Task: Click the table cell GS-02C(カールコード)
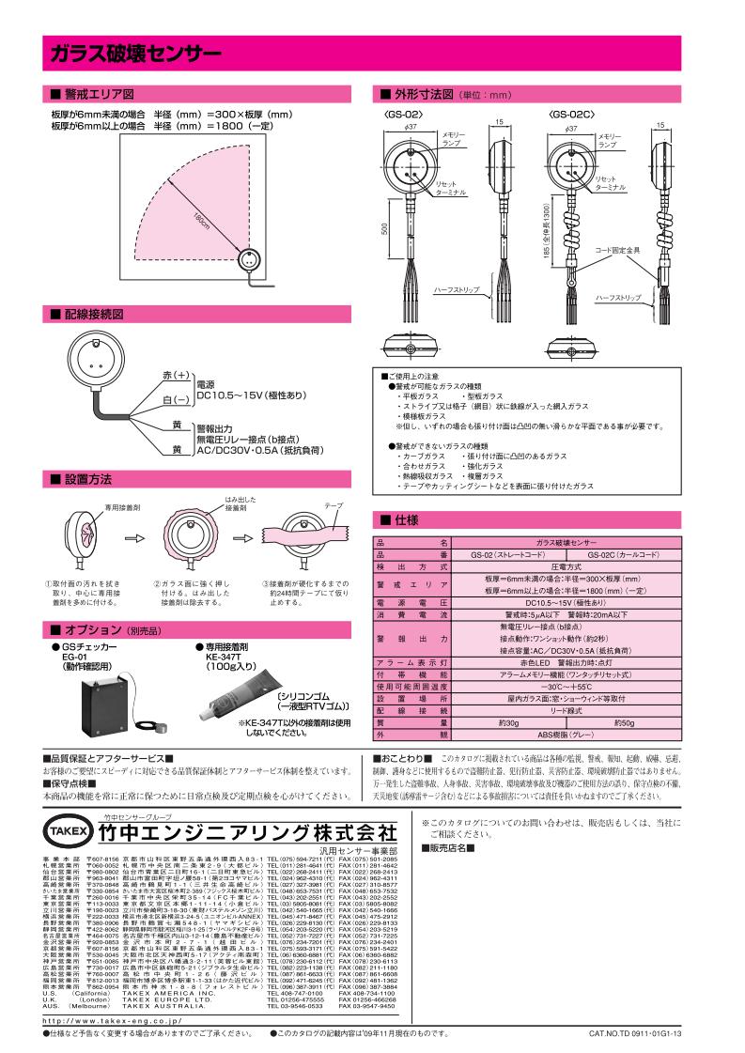[621, 555]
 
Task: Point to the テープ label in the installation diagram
[334, 505]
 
